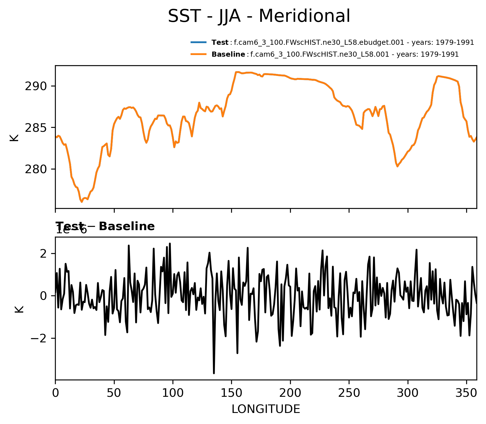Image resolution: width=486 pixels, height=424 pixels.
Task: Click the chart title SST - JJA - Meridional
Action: pyautogui.click(x=259, y=16)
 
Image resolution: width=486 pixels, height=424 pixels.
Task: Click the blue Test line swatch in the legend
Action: pyautogui.click(x=199, y=43)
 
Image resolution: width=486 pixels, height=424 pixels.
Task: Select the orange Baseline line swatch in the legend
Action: pyautogui.click(x=199, y=54)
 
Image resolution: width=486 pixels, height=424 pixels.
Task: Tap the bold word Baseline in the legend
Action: pyautogui.click(x=228, y=54)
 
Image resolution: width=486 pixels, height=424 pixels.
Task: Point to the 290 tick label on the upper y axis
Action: pyautogui.click(x=36, y=86)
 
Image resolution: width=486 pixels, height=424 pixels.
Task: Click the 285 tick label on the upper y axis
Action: pyautogui.click(x=36, y=128)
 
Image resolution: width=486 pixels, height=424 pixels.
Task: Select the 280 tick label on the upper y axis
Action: pyautogui.click(x=36, y=169)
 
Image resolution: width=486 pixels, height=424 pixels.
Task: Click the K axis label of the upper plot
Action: pyautogui.click(x=14, y=137)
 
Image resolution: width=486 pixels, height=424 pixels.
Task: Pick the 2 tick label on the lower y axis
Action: pyautogui.click(x=43, y=254)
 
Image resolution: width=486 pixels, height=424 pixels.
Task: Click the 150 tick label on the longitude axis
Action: pyautogui.click(x=231, y=393)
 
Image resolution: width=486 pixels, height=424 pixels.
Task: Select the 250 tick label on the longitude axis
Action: pyautogui.click(x=349, y=393)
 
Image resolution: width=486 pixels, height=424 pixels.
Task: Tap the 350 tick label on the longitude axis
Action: pyautogui.click(x=466, y=393)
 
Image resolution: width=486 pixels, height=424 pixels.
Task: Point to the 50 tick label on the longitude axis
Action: pyautogui.click(x=114, y=393)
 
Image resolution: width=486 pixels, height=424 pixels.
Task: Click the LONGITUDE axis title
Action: pyautogui.click(x=266, y=409)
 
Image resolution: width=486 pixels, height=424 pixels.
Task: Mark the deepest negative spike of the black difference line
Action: pyautogui.click(x=214, y=373)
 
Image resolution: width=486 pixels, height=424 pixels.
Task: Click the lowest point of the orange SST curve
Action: pyautogui.click(x=82, y=202)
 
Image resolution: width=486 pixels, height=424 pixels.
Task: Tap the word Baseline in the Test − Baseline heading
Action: pyautogui.click(x=127, y=226)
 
